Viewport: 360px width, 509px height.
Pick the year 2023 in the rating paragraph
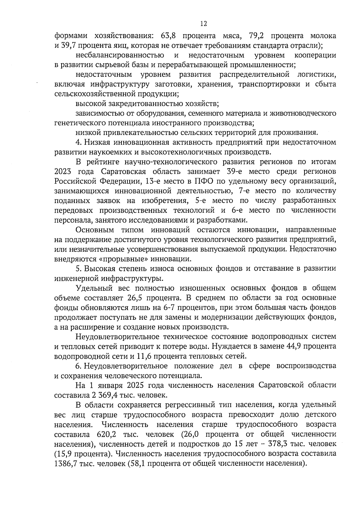click(63, 172)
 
